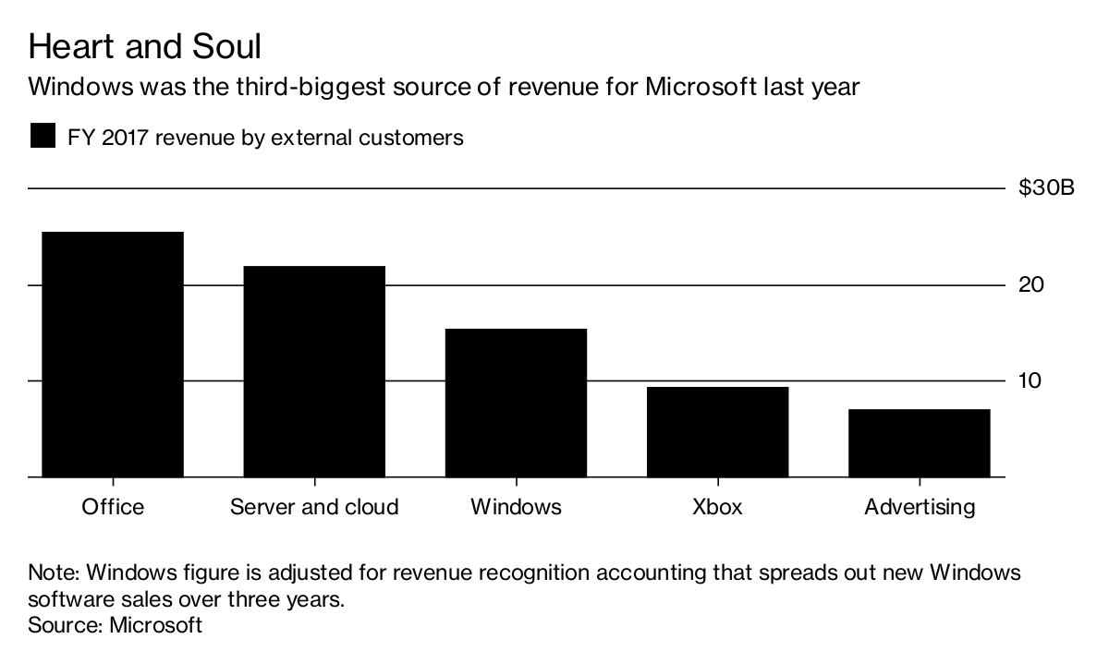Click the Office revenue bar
click(113, 355)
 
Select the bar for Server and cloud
click(314, 371)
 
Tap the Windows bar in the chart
click(516, 403)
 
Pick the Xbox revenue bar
click(717, 431)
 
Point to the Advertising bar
click(919, 442)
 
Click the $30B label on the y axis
click(1046, 188)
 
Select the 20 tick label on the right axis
click(1031, 284)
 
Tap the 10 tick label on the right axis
click(1031, 380)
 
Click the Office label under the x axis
click(113, 507)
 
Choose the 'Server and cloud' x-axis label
click(314, 507)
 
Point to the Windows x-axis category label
click(516, 507)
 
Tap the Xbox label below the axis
click(717, 507)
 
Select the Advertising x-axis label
click(919, 507)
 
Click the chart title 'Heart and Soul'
click(145, 46)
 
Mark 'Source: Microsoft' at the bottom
click(116, 624)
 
